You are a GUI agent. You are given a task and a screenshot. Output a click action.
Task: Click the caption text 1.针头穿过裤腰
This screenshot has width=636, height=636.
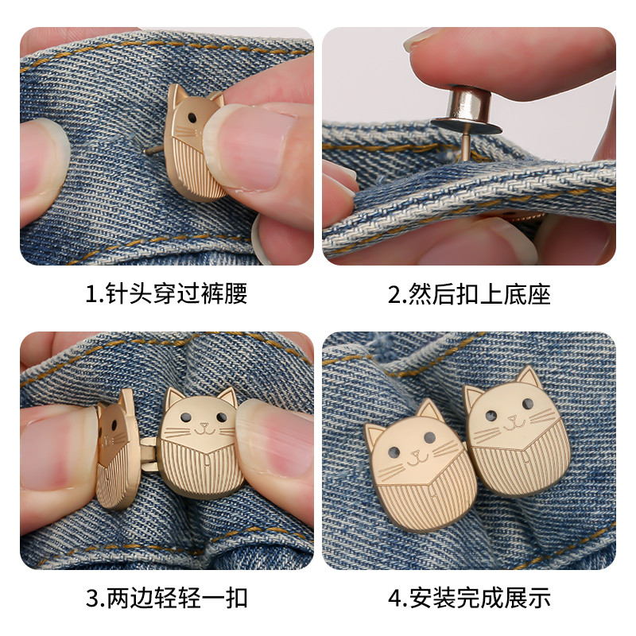coord(166,293)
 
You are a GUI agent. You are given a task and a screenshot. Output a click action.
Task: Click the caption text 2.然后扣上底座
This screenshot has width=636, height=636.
coord(469,294)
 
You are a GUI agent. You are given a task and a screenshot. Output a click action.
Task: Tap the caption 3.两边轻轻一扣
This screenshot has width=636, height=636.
coord(166,598)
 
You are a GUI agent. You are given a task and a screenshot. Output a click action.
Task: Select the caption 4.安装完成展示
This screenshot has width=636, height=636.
coord(469,598)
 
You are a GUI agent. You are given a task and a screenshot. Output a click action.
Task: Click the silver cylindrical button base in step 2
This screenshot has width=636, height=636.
coord(467,110)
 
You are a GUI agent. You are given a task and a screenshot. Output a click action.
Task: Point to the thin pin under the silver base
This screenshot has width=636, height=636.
coord(467,147)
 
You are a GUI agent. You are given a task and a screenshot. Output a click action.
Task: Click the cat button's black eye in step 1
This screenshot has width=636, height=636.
coord(192,118)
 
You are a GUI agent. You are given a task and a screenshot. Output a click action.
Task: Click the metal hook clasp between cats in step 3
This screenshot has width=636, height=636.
coord(149,454)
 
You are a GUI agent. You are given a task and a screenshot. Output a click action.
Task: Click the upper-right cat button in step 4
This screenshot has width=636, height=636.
coord(518,430)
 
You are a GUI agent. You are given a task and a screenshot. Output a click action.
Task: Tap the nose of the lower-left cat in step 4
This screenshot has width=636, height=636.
coord(415,453)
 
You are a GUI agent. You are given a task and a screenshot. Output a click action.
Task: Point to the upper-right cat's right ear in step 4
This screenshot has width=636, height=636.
coord(529,376)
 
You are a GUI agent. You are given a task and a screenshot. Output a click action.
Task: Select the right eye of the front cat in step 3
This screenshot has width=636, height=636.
coord(222,417)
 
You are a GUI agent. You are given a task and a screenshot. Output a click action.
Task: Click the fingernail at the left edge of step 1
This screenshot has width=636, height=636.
coord(43,162)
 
